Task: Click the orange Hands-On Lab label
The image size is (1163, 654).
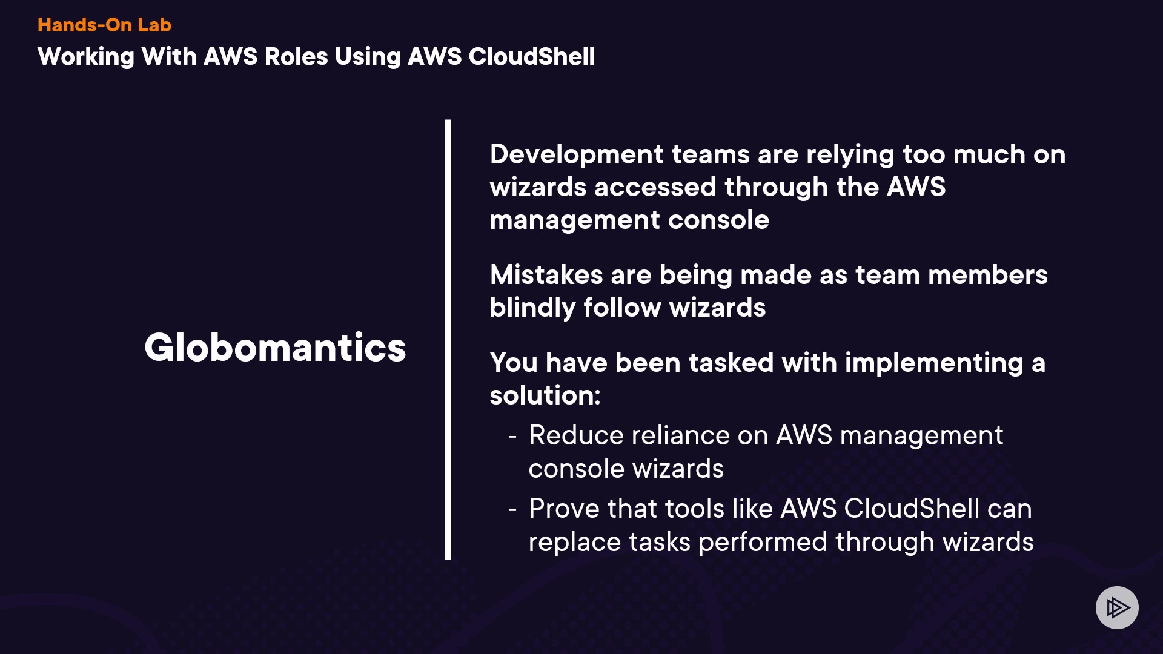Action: click(104, 25)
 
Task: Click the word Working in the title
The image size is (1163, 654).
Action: click(85, 57)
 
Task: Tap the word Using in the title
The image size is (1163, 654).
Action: click(368, 57)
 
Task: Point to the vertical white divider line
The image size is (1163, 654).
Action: click(448, 339)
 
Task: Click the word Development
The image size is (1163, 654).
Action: click(576, 154)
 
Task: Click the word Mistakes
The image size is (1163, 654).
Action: click(546, 275)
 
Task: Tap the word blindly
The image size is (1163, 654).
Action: click(532, 308)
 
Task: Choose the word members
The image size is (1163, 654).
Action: click(987, 275)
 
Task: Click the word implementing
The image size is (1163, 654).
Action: click(933, 363)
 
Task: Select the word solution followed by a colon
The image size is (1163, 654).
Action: click(545, 395)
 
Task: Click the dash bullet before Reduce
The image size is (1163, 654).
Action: click(512, 436)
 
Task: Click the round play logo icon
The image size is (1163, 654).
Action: click(1116, 607)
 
